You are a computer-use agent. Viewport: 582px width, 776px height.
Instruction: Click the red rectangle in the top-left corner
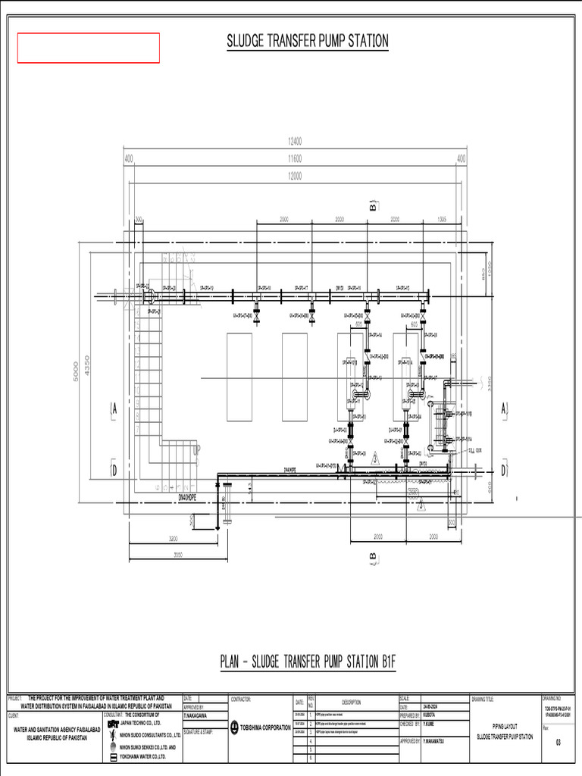89,48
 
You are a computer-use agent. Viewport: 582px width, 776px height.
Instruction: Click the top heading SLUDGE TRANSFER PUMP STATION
308,41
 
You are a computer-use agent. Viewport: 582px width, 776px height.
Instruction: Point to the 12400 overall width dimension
295,141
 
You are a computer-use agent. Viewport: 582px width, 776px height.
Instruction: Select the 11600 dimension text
295,158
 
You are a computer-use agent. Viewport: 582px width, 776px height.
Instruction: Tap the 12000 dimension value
295,175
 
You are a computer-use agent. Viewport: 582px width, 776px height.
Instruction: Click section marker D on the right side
504,470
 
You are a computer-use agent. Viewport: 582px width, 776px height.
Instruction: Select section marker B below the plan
373,559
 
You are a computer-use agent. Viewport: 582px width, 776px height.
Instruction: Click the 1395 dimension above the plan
441,219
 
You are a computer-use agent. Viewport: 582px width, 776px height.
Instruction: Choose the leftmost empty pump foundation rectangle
239,377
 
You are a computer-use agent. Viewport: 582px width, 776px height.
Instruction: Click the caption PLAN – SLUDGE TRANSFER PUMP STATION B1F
308,662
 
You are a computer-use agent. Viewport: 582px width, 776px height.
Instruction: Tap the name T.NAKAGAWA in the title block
196,715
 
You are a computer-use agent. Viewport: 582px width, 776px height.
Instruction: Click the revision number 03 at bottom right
559,742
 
